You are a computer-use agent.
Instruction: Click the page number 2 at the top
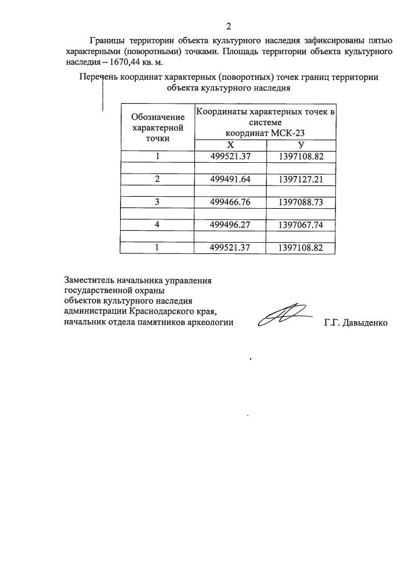point(229,26)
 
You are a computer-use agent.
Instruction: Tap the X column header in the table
point(230,145)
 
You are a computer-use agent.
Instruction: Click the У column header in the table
point(301,145)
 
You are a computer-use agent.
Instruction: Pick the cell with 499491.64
point(230,179)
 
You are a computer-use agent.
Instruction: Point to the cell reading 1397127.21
point(300,179)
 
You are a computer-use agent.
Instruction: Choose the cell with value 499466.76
point(230,202)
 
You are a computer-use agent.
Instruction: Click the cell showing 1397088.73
point(300,202)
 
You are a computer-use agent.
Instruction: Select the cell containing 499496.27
point(230,224)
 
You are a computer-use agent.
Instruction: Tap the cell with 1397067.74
point(300,224)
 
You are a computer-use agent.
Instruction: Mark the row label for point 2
point(158,179)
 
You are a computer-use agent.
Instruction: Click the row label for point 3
point(158,202)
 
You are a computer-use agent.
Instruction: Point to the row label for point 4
point(158,224)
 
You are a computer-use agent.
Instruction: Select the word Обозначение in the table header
point(158,117)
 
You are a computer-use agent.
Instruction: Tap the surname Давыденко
point(366,323)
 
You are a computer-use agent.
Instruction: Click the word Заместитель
point(91,280)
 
